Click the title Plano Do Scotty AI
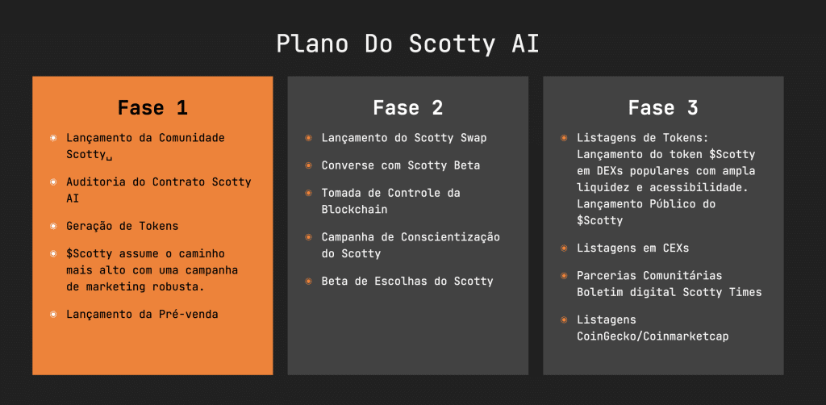[x=407, y=44]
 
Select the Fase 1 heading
[x=152, y=107]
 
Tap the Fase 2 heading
[x=407, y=107]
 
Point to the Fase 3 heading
[x=663, y=107]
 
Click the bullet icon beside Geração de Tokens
[x=53, y=226]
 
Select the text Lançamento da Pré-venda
[x=142, y=314]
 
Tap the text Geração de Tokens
[x=122, y=226]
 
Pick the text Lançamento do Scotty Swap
[x=404, y=138]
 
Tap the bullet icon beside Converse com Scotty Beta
[x=308, y=165]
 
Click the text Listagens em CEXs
[x=632, y=248]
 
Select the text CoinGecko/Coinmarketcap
[x=653, y=336]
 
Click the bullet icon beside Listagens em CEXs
[x=564, y=248]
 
